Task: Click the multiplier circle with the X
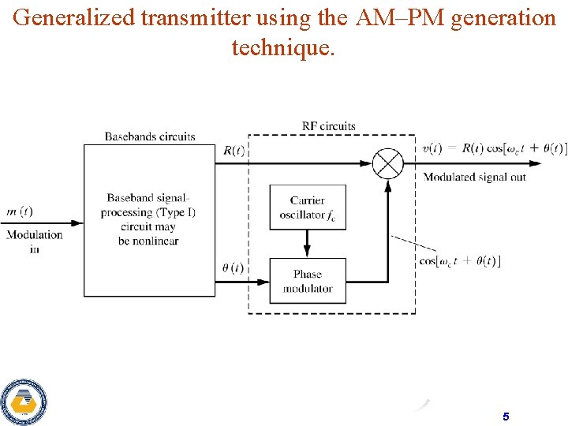[387, 164]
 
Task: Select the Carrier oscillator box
[308, 207]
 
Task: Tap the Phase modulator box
[308, 280]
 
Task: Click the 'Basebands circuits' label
[150, 136]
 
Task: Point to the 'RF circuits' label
[329, 125]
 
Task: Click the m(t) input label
[20, 211]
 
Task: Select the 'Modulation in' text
[34, 241]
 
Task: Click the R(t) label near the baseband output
[234, 151]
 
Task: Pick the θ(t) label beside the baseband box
[232, 267]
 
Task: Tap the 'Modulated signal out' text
[474, 177]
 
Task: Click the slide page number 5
[505, 416]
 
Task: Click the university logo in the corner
[24, 402]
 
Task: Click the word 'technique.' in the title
[283, 47]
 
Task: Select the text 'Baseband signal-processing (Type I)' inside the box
[149, 205]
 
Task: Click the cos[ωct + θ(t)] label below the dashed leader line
[460, 261]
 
